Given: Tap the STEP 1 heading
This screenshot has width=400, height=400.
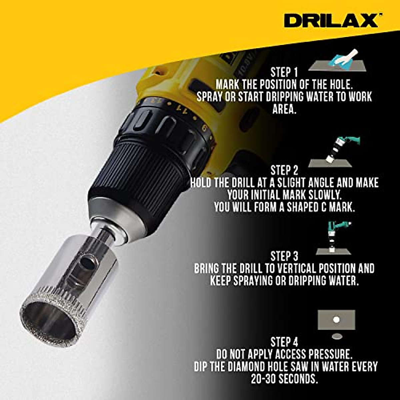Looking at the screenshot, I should tap(284, 72).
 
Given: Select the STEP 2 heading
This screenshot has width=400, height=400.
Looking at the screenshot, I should tap(284, 170).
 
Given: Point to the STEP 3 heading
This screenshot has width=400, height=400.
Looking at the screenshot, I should tap(284, 256).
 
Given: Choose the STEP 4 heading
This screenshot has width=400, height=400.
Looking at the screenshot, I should tap(284, 342).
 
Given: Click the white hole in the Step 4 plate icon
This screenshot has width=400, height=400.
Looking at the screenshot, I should tap(336, 320).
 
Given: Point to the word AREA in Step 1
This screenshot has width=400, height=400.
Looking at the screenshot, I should tap(284, 109).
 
